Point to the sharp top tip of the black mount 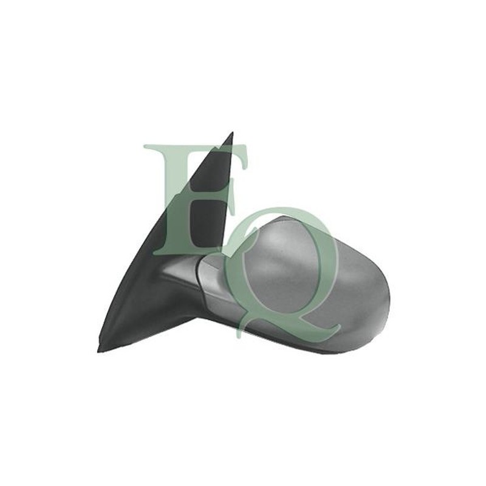(x=233, y=132)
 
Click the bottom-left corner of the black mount (x=98, y=352)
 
